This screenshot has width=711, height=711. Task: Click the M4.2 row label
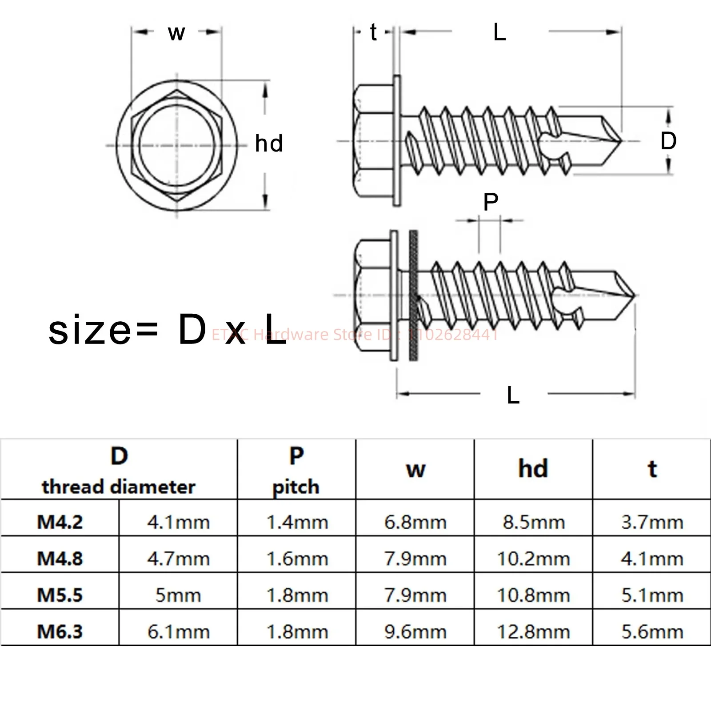click(60, 522)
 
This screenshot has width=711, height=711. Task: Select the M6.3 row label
click(60, 631)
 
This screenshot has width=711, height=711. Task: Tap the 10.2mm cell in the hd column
click(533, 559)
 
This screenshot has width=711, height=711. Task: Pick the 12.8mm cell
click(533, 631)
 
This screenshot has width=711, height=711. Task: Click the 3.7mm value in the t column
click(652, 522)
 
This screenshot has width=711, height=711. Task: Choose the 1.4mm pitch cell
click(297, 522)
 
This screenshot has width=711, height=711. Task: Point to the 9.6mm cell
click(415, 631)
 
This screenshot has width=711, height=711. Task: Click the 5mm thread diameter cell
click(178, 595)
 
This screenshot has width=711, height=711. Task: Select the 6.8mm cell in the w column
click(415, 522)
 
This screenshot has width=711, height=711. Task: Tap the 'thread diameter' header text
click(119, 487)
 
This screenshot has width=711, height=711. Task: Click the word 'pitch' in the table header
click(296, 487)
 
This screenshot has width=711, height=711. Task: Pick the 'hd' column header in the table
click(533, 469)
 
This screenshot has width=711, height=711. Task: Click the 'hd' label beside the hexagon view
click(269, 144)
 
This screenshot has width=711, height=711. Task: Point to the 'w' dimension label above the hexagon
click(176, 33)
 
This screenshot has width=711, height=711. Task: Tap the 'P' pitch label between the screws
click(491, 202)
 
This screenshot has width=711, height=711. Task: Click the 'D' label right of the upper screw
click(668, 141)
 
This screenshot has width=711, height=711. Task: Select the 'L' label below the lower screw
click(513, 395)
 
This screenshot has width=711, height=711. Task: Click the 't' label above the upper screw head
click(373, 32)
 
